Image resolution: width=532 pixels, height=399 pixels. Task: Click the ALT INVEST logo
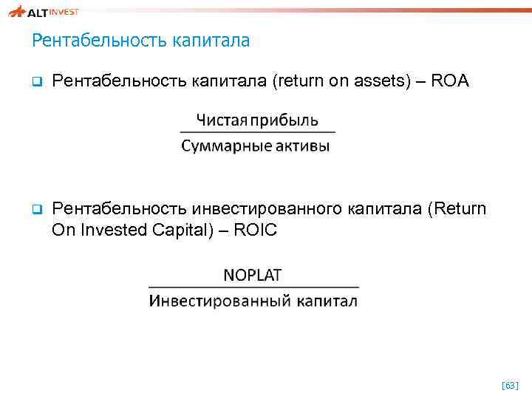coord(44,11)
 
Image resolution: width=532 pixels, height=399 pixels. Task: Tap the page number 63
coord(510,386)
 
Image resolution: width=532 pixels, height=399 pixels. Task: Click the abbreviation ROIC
coord(255,230)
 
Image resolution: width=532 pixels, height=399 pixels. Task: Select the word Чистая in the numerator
coord(219,120)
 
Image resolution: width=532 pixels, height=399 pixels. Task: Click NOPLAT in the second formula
coord(253,275)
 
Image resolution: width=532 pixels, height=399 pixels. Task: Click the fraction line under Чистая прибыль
coord(257,132)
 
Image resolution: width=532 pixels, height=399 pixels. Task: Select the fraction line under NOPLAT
coord(253,287)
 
